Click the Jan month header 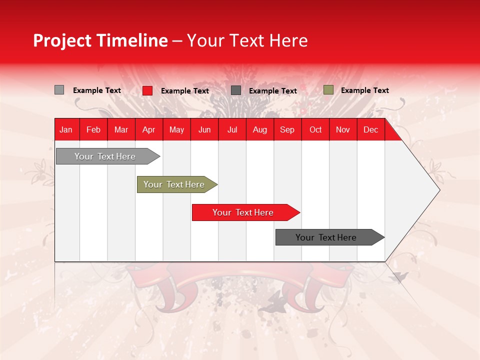point(66,130)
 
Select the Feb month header point(93,130)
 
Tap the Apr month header point(149,130)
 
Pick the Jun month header point(204,130)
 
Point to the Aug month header point(260,130)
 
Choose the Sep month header point(287,130)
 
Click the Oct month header point(315,130)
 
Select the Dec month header point(371,130)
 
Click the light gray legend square point(59,90)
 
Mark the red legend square point(147,90)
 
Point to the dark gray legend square point(236,90)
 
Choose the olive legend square point(328,90)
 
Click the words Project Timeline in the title point(100,40)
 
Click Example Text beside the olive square point(364,90)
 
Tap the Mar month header point(121,130)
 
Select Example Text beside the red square point(184,91)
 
